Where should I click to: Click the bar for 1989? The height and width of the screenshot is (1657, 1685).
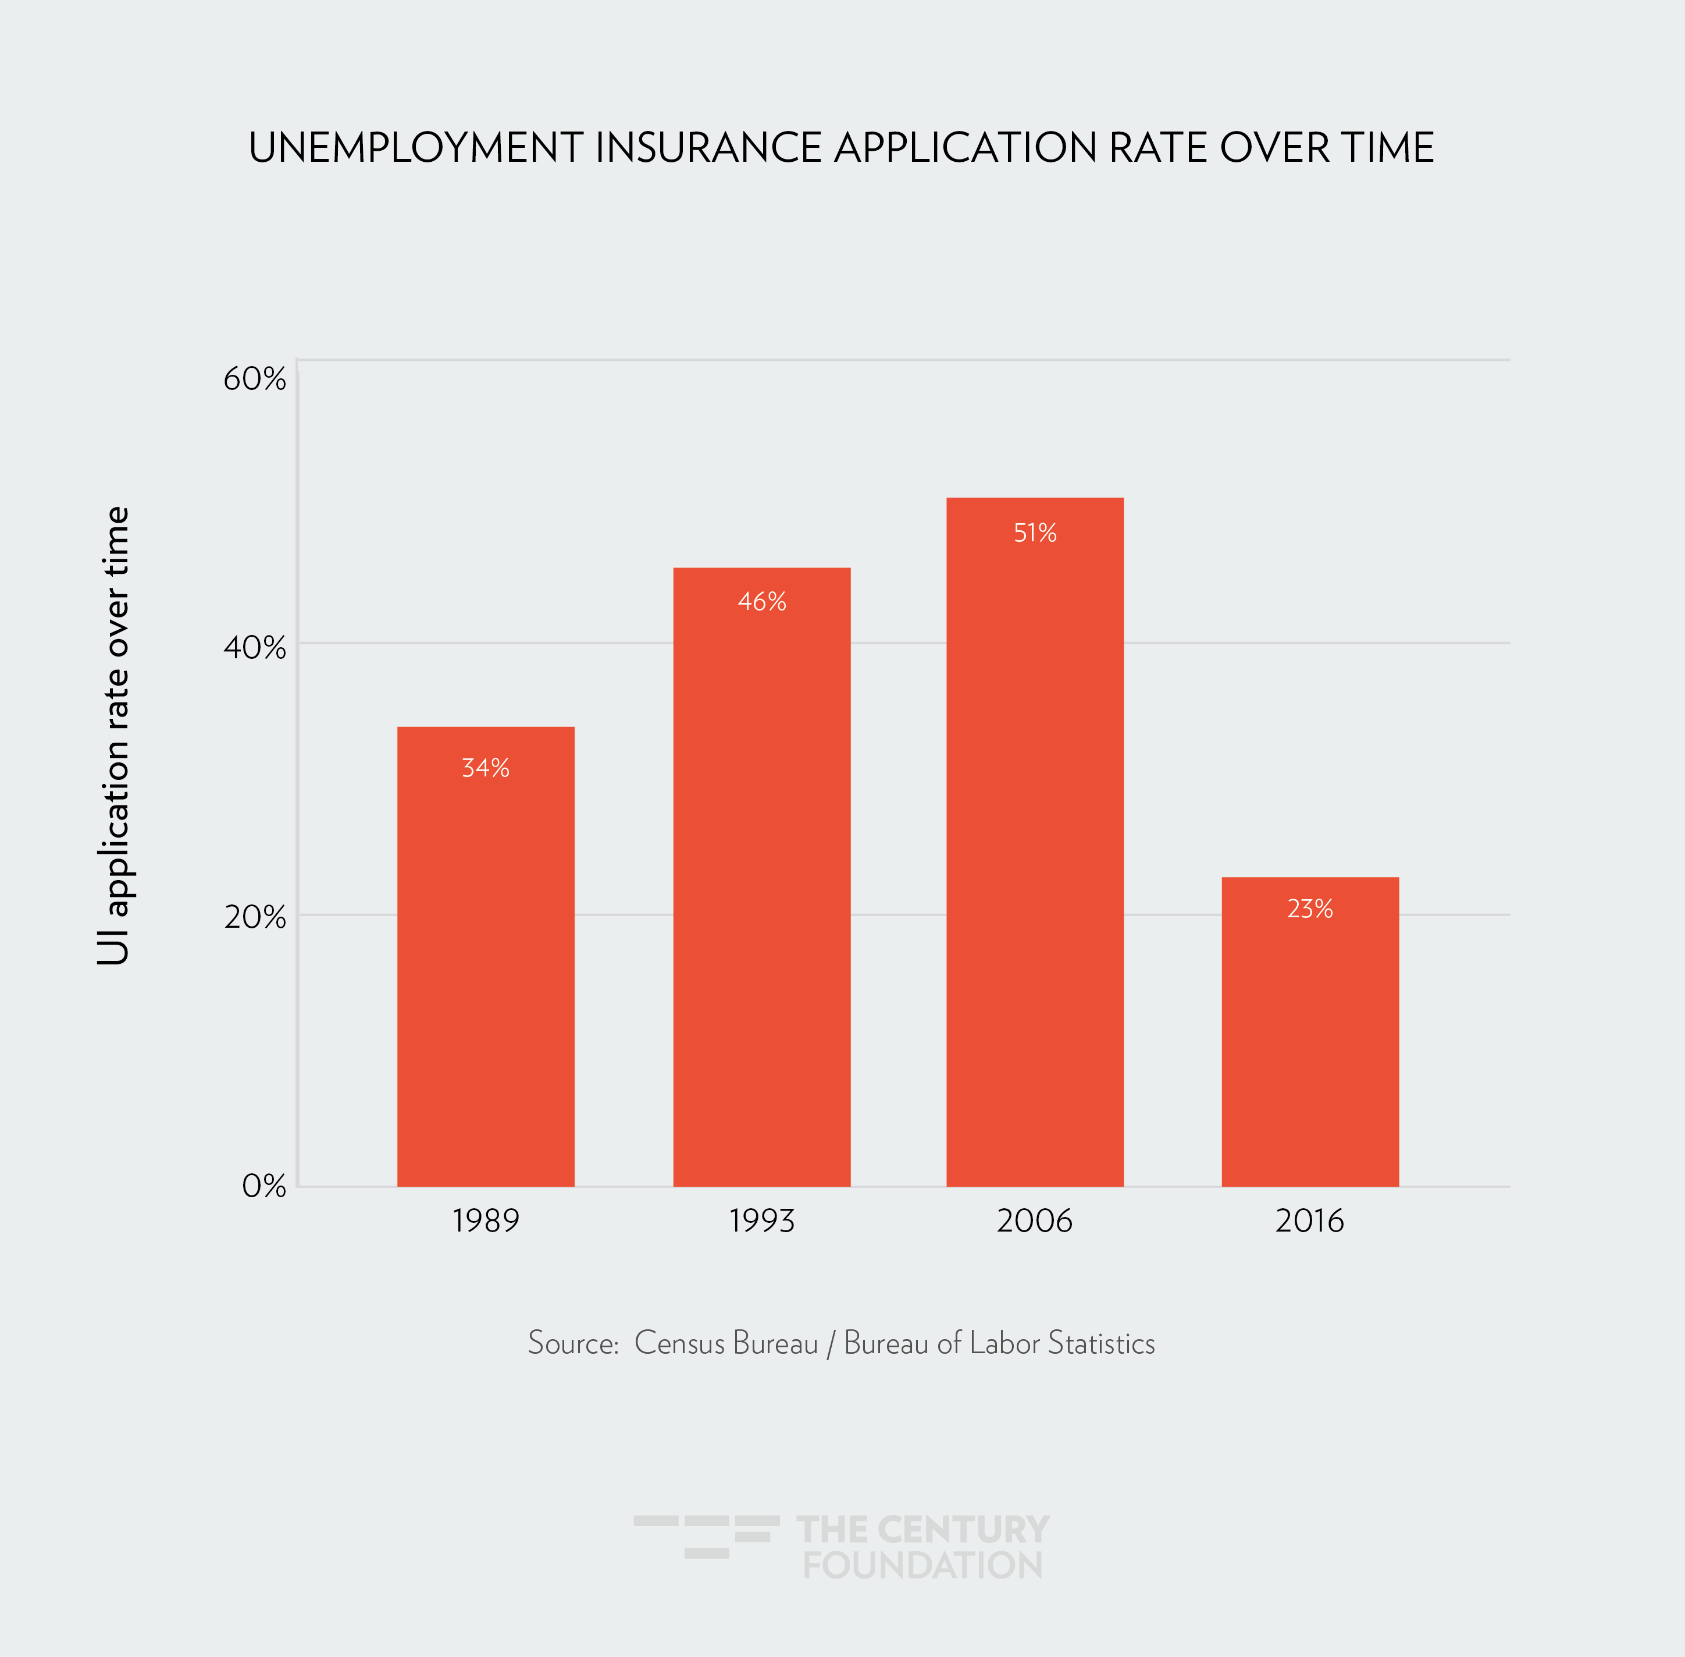point(486,957)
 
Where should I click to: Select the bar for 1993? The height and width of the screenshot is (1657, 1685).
point(761,879)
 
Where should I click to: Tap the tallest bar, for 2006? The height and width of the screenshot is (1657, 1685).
point(1034,844)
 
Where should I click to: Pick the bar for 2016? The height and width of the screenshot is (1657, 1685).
point(1310,1035)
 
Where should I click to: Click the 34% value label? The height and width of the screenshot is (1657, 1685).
point(486,768)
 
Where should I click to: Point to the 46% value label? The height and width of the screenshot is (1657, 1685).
point(762,601)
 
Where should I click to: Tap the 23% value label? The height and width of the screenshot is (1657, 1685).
point(1310,909)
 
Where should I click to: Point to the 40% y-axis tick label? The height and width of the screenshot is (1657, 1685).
point(254,647)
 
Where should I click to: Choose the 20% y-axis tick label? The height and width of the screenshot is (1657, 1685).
point(254,917)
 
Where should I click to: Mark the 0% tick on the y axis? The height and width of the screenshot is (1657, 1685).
point(263,1186)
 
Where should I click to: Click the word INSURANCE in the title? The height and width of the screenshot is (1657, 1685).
point(708,147)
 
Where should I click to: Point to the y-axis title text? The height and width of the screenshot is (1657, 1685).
point(115,736)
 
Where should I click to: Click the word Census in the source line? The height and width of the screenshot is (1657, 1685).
point(679,1343)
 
